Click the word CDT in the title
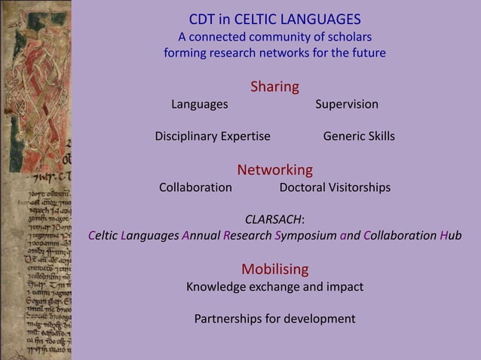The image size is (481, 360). point(201,19)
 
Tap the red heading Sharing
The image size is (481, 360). point(274,87)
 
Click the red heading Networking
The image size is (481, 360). point(274,169)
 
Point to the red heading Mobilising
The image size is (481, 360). point(274,269)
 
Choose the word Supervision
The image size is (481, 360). point(347,104)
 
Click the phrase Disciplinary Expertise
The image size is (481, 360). point(213,136)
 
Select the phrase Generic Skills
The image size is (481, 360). point(359,136)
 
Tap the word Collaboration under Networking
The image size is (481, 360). point(195,187)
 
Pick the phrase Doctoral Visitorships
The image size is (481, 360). point(335,187)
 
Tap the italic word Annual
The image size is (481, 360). point(201,236)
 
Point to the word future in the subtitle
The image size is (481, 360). point(366,53)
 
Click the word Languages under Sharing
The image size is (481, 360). point(199,104)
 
